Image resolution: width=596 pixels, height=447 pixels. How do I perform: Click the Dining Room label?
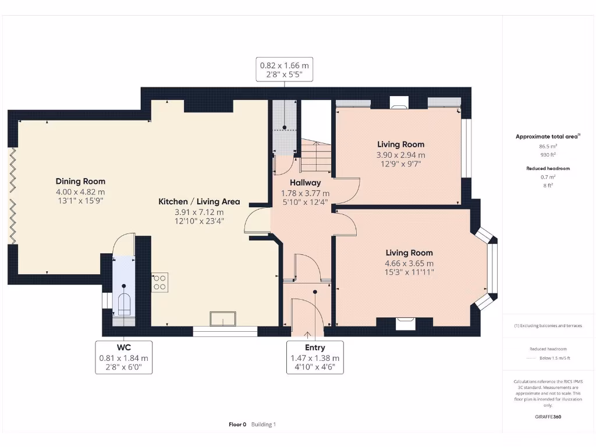[80, 182]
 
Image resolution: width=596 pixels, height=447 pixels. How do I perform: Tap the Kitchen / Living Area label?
[199, 201]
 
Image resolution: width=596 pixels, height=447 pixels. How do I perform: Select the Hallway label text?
[305, 183]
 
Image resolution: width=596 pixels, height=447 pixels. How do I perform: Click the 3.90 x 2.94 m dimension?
[400, 155]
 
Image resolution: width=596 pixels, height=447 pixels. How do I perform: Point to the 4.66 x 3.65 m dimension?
[409, 263]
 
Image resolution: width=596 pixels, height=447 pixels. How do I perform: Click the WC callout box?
[123, 357]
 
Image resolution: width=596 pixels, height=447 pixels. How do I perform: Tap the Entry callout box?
[315, 357]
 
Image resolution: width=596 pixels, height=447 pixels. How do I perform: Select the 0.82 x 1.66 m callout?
[284, 70]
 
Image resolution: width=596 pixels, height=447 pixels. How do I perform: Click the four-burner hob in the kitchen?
[159, 282]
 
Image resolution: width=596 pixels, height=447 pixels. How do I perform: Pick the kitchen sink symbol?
[223, 318]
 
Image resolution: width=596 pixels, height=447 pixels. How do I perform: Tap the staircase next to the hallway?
[316, 157]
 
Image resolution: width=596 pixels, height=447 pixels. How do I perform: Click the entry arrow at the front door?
[307, 335]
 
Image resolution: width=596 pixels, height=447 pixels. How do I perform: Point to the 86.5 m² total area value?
[548, 146]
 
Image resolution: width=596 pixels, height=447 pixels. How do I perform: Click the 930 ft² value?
[548, 155]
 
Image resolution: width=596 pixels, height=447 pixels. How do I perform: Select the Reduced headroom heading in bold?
[548, 168]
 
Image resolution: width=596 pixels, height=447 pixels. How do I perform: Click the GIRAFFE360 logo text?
[548, 417]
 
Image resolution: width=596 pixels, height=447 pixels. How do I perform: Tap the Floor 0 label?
[237, 424]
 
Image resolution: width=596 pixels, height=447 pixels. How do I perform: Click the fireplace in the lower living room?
[405, 324]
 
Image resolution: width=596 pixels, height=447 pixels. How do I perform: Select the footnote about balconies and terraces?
[548, 326]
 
